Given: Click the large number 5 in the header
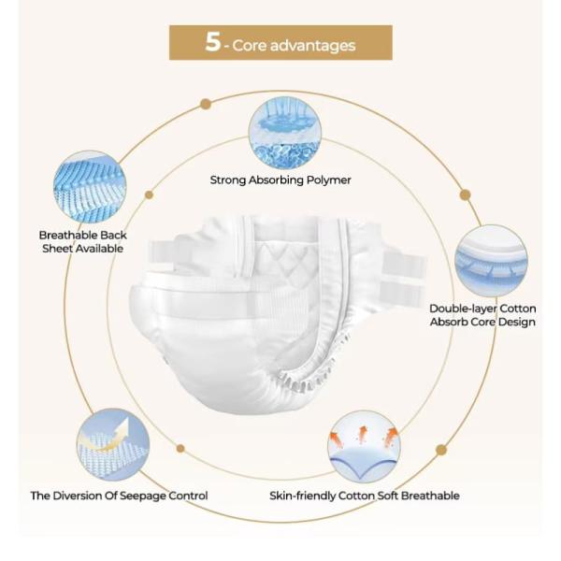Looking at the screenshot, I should click(x=213, y=43).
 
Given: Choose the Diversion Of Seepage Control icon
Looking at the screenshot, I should click(x=113, y=444).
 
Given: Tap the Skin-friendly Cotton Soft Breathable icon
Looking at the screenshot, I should click(x=364, y=445).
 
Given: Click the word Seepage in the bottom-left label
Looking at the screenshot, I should click(x=140, y=496).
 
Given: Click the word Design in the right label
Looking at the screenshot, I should click(x=517, y=323).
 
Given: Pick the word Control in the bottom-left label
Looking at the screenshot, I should click(x=187, y=496).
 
